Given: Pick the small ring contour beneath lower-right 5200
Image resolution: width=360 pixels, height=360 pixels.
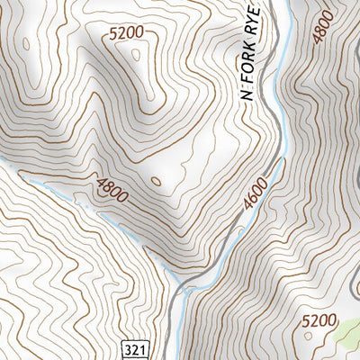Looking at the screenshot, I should point(311,337).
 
